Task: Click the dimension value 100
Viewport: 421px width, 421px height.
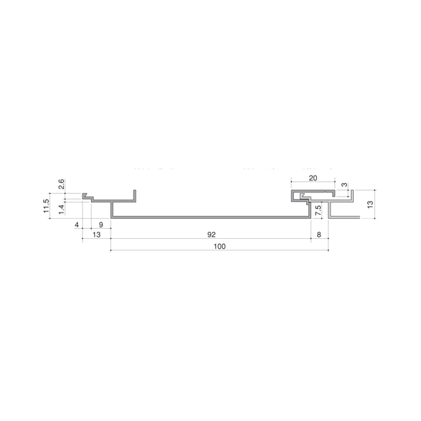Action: click(220, 246)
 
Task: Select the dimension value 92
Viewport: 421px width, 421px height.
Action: click(211, 235)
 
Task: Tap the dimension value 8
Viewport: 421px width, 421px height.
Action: click(319, 235)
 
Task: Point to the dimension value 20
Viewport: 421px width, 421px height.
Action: click(313, 178)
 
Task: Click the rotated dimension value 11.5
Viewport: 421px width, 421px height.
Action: click(46, 206)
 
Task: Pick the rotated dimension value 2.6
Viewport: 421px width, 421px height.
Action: click(61, 184)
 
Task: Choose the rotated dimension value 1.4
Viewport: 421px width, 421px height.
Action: click(61, 210)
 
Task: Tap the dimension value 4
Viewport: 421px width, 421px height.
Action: click(77, 225)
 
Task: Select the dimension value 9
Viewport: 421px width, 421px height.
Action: click(101, 225)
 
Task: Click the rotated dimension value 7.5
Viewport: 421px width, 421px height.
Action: click(317, 210)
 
